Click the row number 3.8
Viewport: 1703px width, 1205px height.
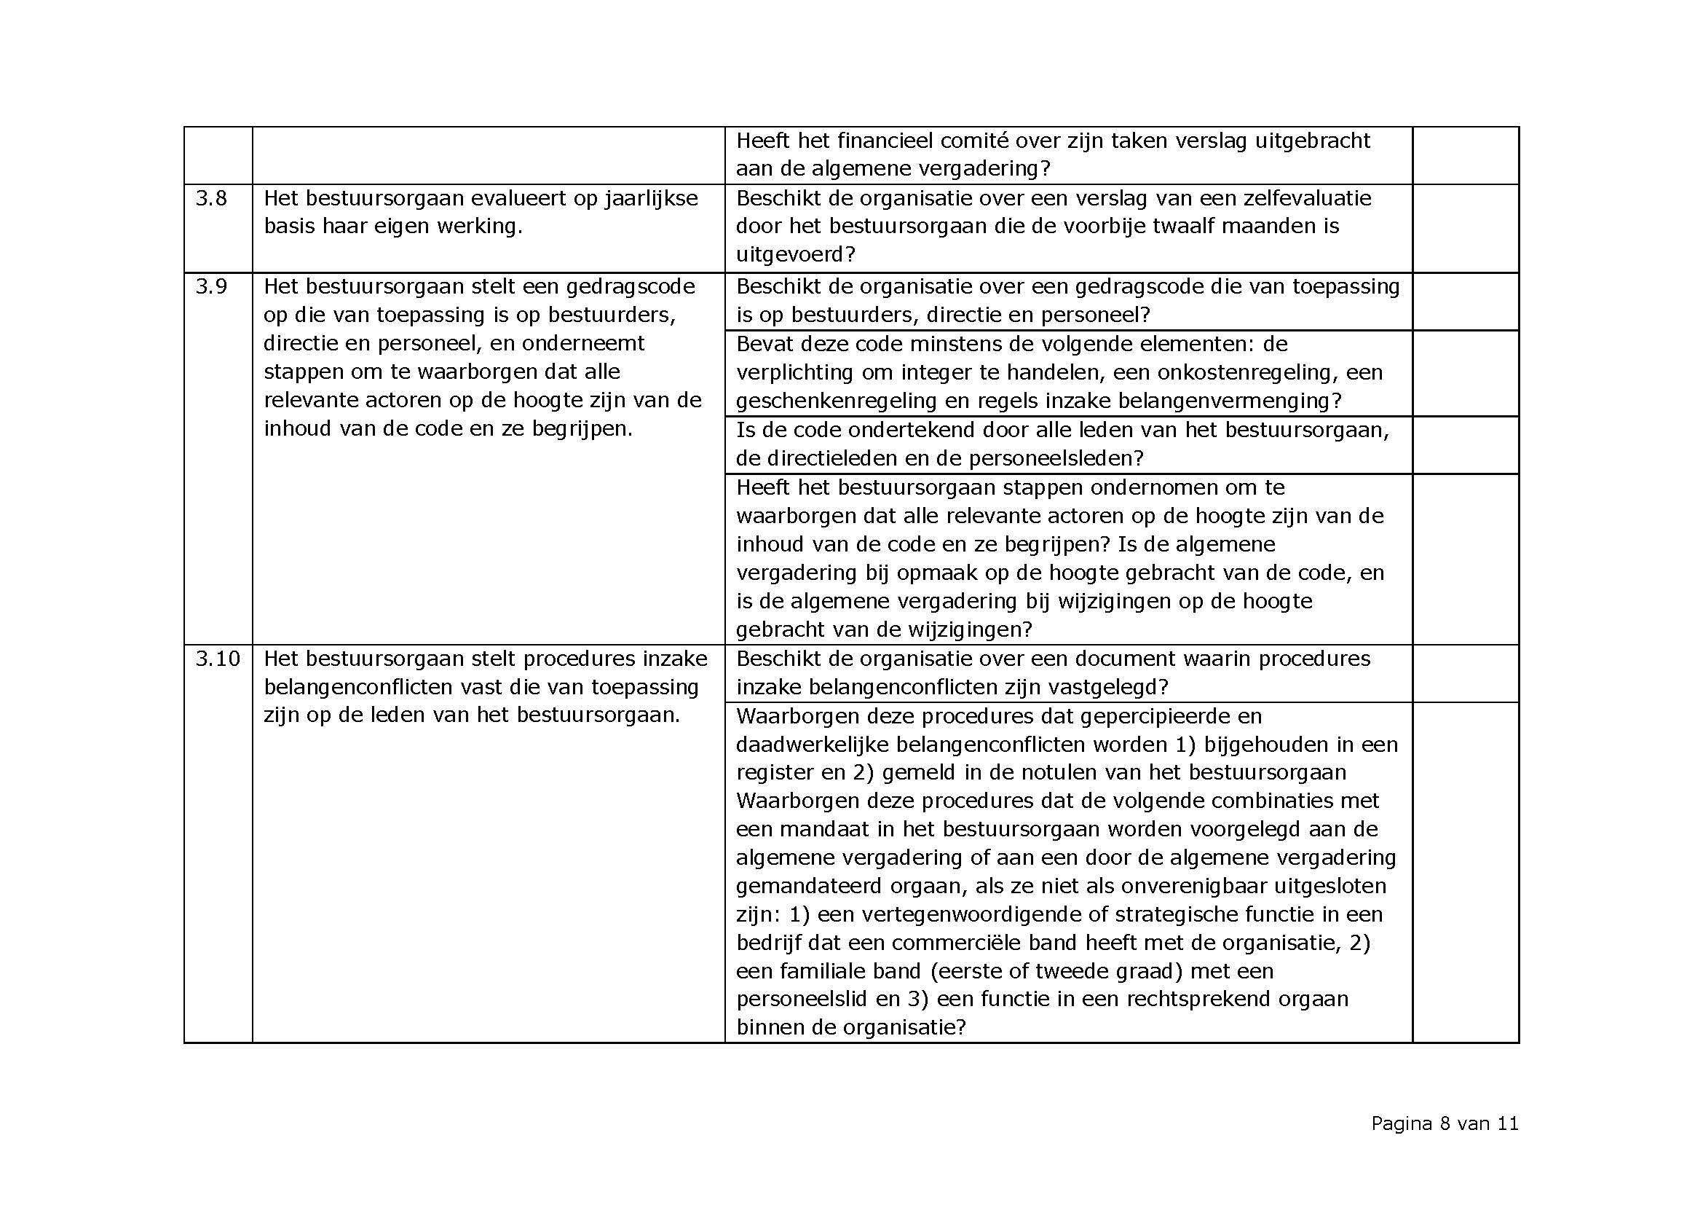tap(211, 199)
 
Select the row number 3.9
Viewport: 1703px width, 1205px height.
tap(211, 286)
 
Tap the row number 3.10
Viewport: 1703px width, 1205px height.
tap(217, 659)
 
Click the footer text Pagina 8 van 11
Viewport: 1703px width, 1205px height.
tap(1444, 1124)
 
